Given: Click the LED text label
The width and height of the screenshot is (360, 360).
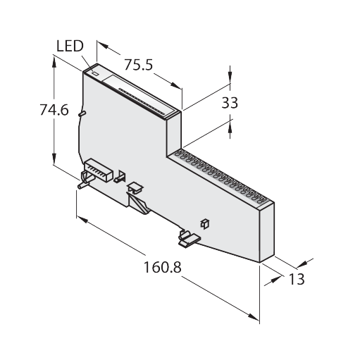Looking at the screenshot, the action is tap(70, 46).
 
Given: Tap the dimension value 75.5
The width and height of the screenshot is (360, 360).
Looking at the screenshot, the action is tap(138, 65).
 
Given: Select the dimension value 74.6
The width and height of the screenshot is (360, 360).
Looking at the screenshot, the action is tap(54, 110).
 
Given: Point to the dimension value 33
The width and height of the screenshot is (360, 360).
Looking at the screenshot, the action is tap(230, 103).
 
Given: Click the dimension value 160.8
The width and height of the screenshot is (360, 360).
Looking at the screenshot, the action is tap(162, 267).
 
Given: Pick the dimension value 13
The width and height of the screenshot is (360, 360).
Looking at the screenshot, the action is tap(297, 279).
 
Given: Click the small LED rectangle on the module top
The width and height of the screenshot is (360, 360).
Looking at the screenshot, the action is tap(96, 73).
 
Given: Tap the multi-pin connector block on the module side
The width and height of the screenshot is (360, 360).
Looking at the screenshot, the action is tap(98, 170).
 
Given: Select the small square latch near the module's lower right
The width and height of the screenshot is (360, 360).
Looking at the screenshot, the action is tap(205, 224).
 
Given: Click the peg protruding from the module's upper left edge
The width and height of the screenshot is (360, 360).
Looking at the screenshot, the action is tap(82, 113).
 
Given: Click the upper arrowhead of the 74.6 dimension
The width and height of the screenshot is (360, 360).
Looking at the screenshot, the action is tap(54, 62).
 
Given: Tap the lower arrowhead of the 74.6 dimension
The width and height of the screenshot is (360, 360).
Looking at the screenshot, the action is tap(54, 159).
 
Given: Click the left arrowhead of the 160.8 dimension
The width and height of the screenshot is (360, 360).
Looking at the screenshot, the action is tap(82, 221).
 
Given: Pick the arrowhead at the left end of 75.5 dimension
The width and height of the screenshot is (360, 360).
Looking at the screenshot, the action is tap(102, 45).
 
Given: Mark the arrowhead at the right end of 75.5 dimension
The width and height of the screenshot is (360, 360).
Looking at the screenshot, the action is tap(176, 85).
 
